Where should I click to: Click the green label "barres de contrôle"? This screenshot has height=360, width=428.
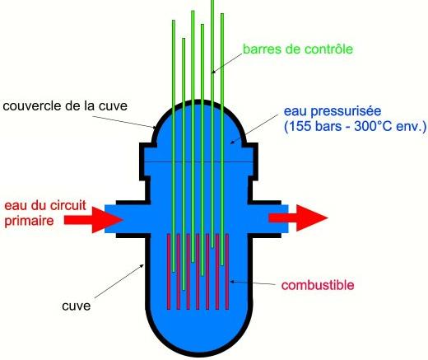(298, 49)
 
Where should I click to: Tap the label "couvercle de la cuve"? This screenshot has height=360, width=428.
(65, 106)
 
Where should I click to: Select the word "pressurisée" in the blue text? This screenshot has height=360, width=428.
(346, 111)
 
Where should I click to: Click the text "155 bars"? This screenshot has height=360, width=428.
(315, 126)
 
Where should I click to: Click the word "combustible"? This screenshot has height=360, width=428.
(318, 285)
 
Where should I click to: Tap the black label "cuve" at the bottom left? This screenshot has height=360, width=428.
(77, 306)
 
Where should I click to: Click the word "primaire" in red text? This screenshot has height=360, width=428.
(29, 222)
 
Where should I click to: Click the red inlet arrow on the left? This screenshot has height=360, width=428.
(93, 220)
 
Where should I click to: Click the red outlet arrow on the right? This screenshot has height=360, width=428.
(298, 217)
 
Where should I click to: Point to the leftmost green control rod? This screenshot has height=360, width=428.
(174, 146)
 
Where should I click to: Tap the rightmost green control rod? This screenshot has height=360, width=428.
(222, 139)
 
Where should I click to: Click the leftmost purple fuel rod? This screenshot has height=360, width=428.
(169, 272)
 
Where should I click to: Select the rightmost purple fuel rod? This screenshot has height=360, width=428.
(227, 272)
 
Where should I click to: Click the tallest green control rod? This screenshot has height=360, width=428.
(212, 124)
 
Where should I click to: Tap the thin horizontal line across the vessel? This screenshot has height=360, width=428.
(198, 161)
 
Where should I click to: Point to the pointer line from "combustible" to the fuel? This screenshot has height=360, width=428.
(253, 283)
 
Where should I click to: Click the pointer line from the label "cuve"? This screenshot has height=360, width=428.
(119, 281)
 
